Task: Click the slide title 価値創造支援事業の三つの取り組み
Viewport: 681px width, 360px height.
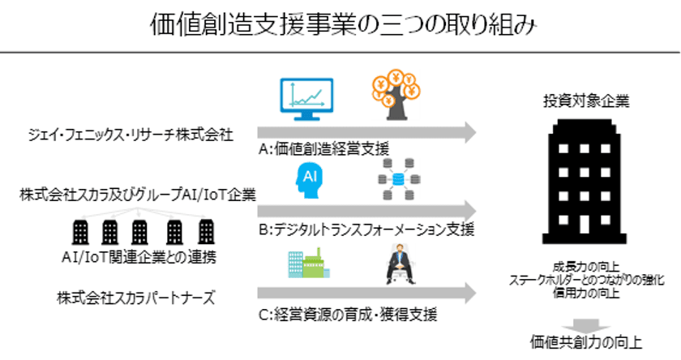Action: [x=343, y=25]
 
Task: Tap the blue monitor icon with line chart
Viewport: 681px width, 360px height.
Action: [x=306, y=99]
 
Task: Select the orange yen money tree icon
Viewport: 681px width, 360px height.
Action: [x=396, y=95]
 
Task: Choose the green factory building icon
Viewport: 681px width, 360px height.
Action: [x=309, y=264]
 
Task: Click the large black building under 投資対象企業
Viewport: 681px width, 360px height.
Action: [x=585, y=181]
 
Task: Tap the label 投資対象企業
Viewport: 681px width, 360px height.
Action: [x=586, y=101]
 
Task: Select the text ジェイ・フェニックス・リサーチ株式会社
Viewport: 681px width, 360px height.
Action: [x=131, y=135]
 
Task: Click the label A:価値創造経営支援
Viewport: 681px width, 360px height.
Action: [x=323, y=149]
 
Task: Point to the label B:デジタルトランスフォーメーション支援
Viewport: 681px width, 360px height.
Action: [x=366, y=229]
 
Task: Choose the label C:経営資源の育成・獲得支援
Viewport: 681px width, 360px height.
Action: [x=348, y=314]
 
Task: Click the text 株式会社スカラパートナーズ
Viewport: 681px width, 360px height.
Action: [x=136, y=298]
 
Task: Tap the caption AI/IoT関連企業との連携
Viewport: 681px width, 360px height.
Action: [x=139, y=257]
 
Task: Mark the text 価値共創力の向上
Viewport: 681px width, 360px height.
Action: [x=586, y=342]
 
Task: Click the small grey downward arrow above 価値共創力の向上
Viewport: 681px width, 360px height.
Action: [x=586, y=326]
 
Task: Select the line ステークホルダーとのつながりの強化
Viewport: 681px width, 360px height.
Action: [x=586, y=280]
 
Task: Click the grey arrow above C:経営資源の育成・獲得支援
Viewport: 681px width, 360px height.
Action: [x=367, y=294]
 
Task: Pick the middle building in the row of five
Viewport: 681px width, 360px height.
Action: [x=139, y=233]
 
